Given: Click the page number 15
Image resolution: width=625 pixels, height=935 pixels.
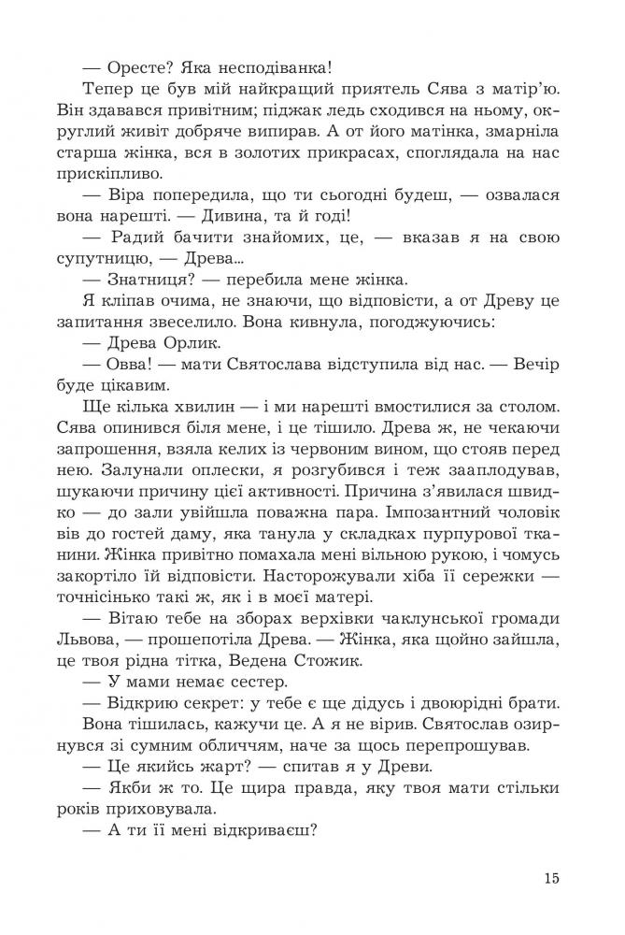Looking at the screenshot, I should click(x=549, y=877).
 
